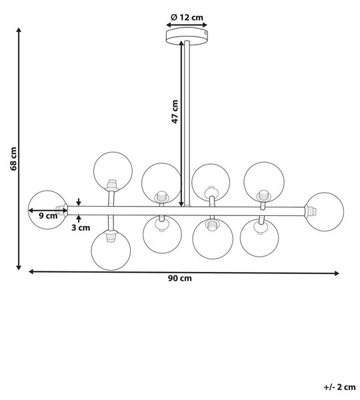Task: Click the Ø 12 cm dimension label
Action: click(187, 17)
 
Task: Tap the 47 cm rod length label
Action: click(175, 111)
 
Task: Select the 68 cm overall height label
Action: click(13, 159)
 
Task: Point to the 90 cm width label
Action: click(179, 278)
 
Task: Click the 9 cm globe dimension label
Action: click(48, 216)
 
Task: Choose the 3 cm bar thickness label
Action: click(81, 227)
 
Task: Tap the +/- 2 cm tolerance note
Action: click(339, 387)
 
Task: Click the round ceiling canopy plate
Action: click(187, 37)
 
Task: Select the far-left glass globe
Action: click(48, 210)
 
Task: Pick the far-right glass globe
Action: click(324, 212)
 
